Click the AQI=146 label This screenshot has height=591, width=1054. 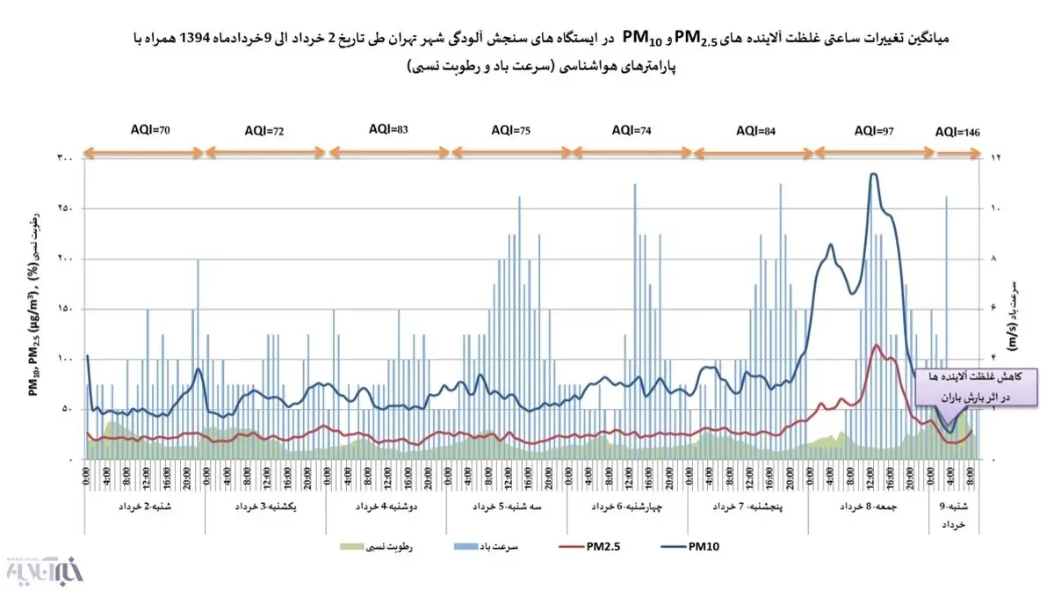point(957,132)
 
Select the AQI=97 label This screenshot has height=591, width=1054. point(874,130)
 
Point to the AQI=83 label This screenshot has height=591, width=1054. point(388,129)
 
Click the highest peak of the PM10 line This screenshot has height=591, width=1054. point(872,174)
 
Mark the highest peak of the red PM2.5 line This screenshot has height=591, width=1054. point(876,345)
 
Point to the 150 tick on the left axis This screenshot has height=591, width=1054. point(66,310)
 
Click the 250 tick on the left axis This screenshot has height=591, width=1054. point(66,208)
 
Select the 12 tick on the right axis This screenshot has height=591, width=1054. point(996,158)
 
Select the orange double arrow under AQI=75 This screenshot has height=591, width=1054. point(510,151)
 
